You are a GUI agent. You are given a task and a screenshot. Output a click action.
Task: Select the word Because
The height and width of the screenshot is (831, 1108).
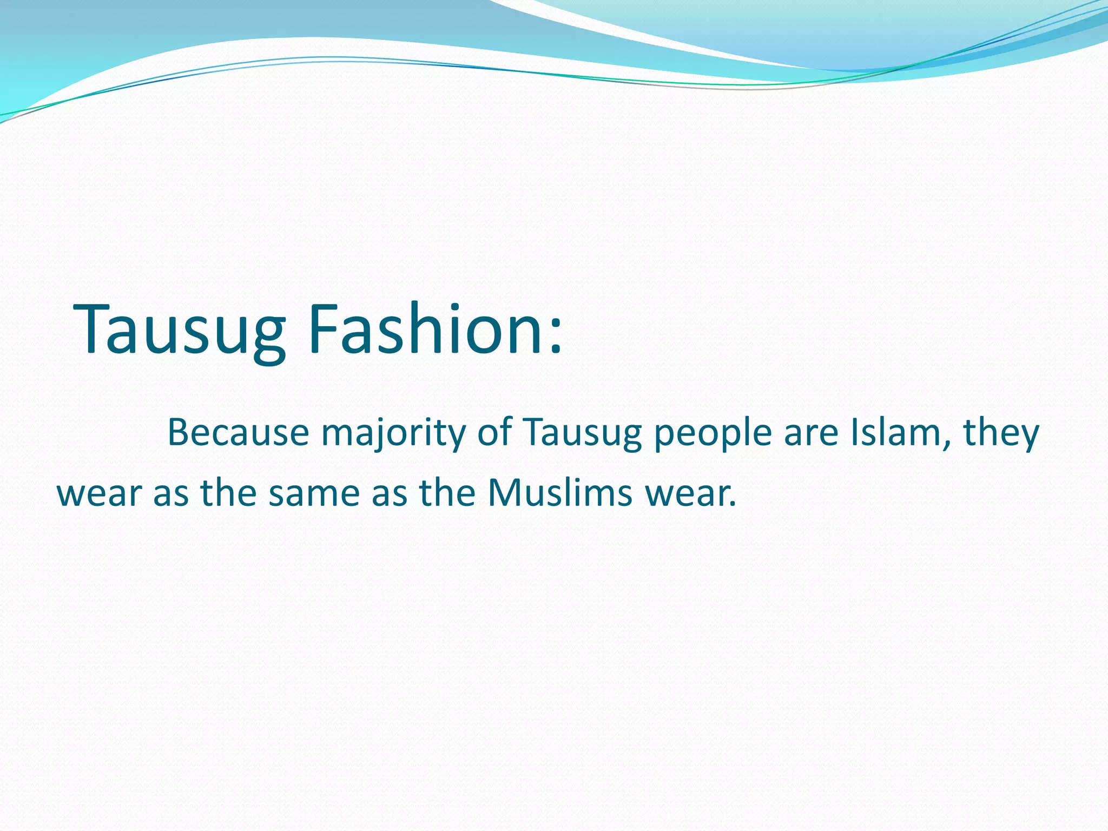(238, 433)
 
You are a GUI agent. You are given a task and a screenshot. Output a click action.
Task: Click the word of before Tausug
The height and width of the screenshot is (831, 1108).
(494, 433)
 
